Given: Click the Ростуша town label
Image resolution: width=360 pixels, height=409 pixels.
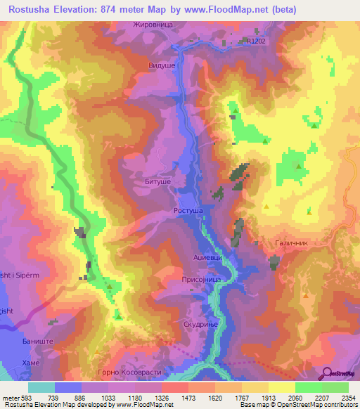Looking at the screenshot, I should click(x=188, y=210).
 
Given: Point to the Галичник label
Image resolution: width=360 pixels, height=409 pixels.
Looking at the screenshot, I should click(x=290, y=242).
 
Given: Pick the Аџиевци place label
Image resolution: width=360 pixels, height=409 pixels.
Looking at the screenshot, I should click(x=208, y=258).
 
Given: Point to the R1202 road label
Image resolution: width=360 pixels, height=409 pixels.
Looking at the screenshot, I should click(x=257, y=41).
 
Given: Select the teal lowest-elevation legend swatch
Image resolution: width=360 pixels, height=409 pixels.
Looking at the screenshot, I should click(x=41, y=387).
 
